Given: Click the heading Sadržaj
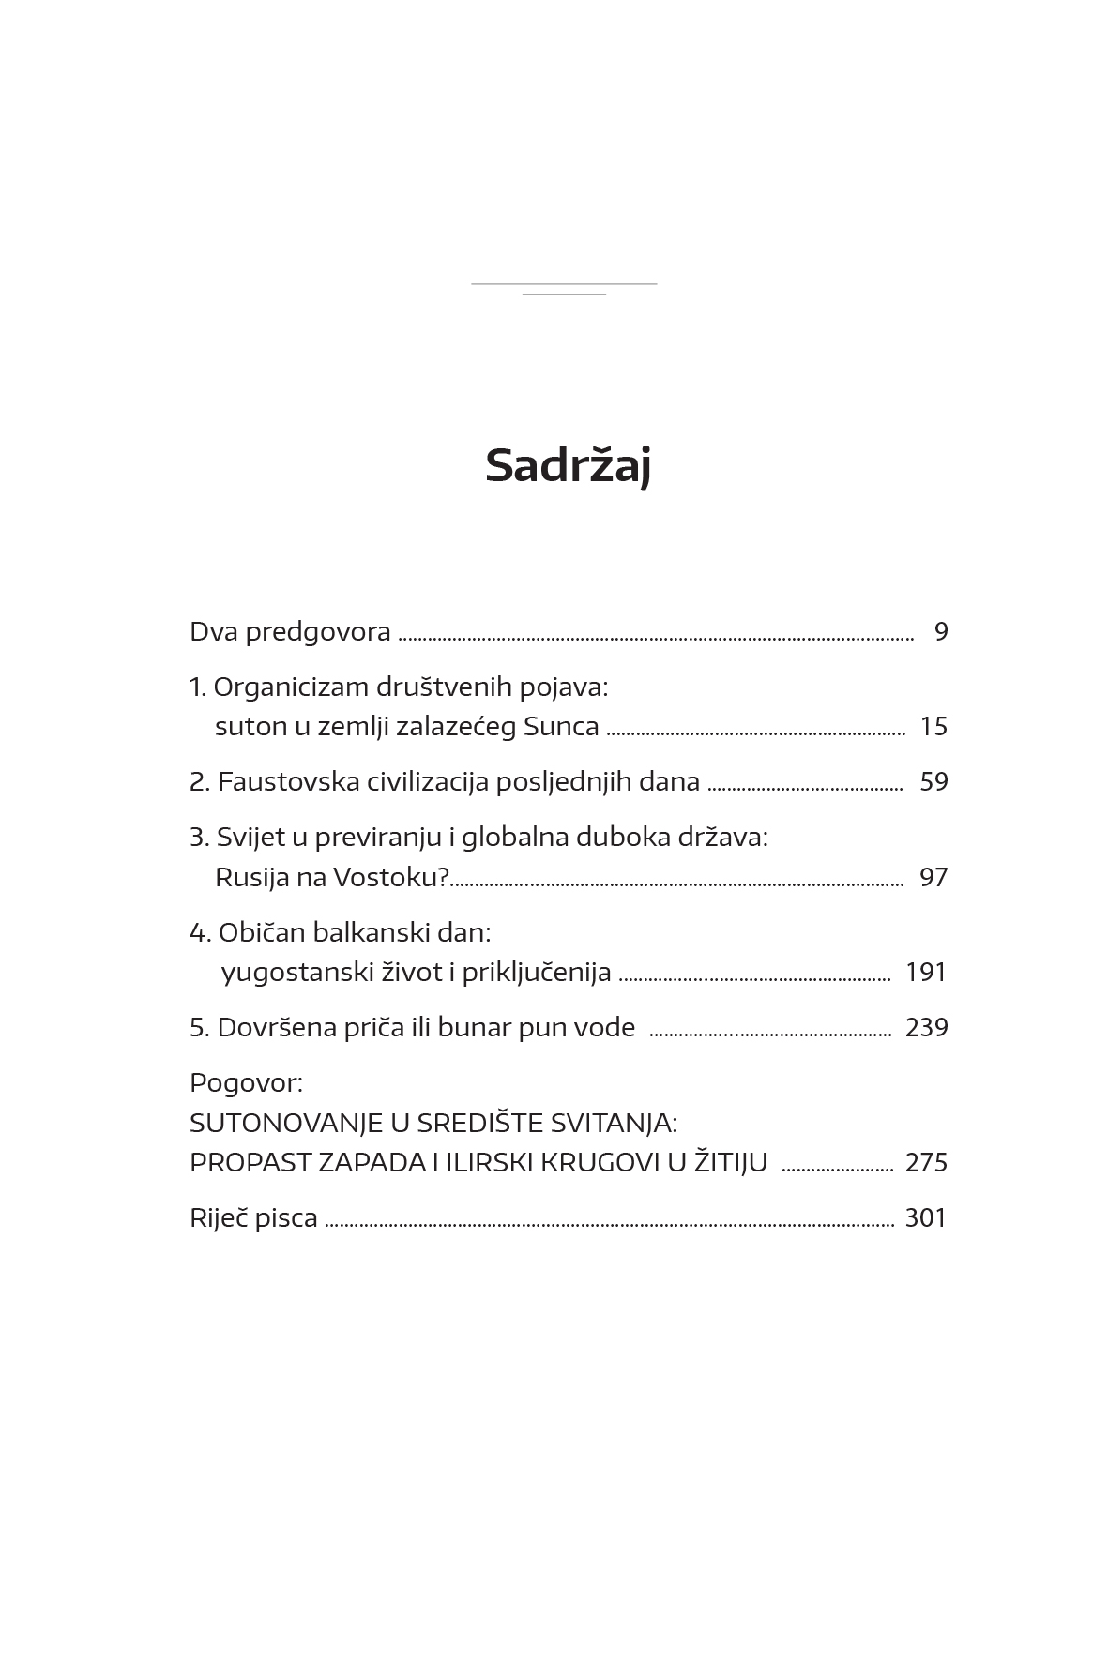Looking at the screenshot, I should (568, 466).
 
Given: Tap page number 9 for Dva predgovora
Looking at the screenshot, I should (941, 632).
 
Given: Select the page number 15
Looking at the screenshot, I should (933, 727).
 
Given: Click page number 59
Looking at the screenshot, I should (933, 782).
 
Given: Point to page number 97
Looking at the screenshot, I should (933, 878).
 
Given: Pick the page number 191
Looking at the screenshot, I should (926, 973).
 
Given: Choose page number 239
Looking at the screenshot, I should (926, 1028).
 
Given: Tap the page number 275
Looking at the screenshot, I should (926, 1163).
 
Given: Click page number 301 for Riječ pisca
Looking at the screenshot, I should (926, 1218).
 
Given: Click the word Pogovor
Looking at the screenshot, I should (246, 1083).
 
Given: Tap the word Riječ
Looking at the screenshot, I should (216, 1218).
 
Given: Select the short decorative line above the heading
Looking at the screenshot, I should (564, 295).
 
